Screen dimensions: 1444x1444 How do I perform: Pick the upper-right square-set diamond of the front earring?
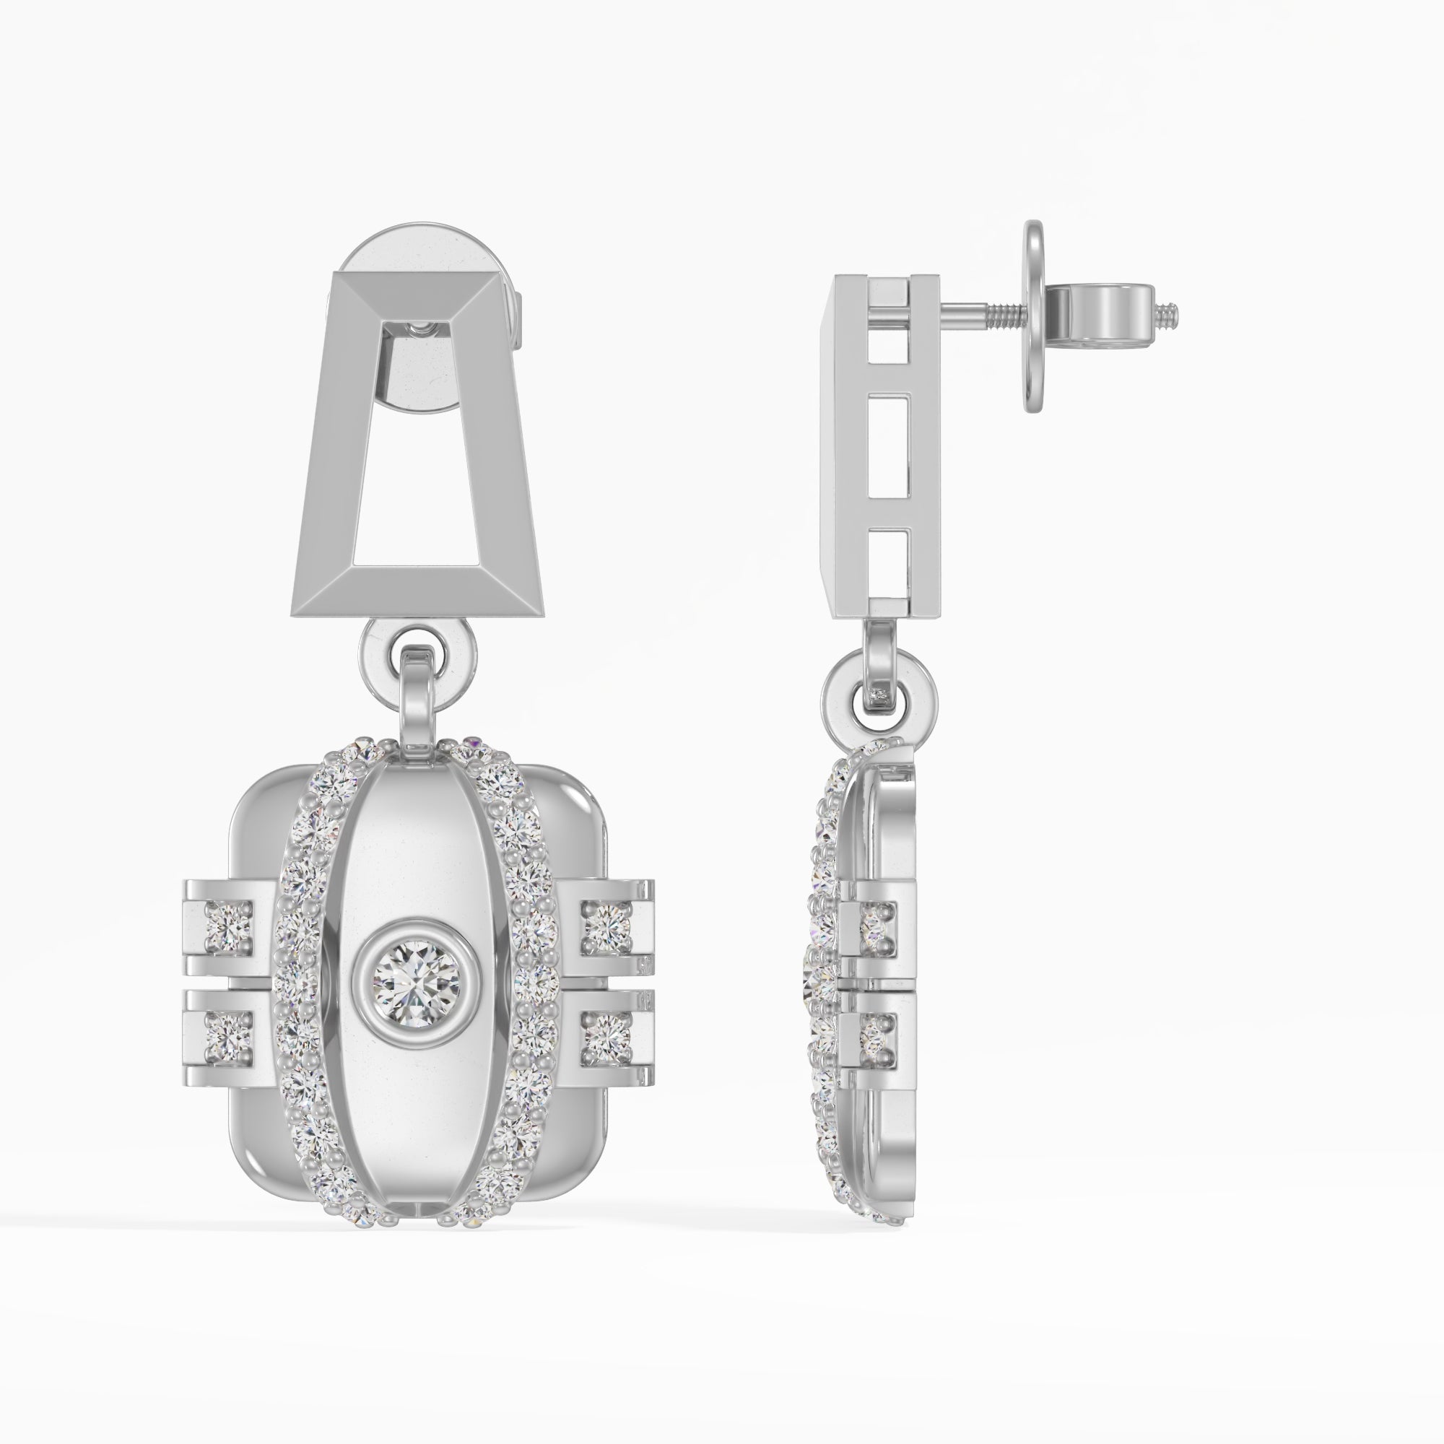click(606, 928)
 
